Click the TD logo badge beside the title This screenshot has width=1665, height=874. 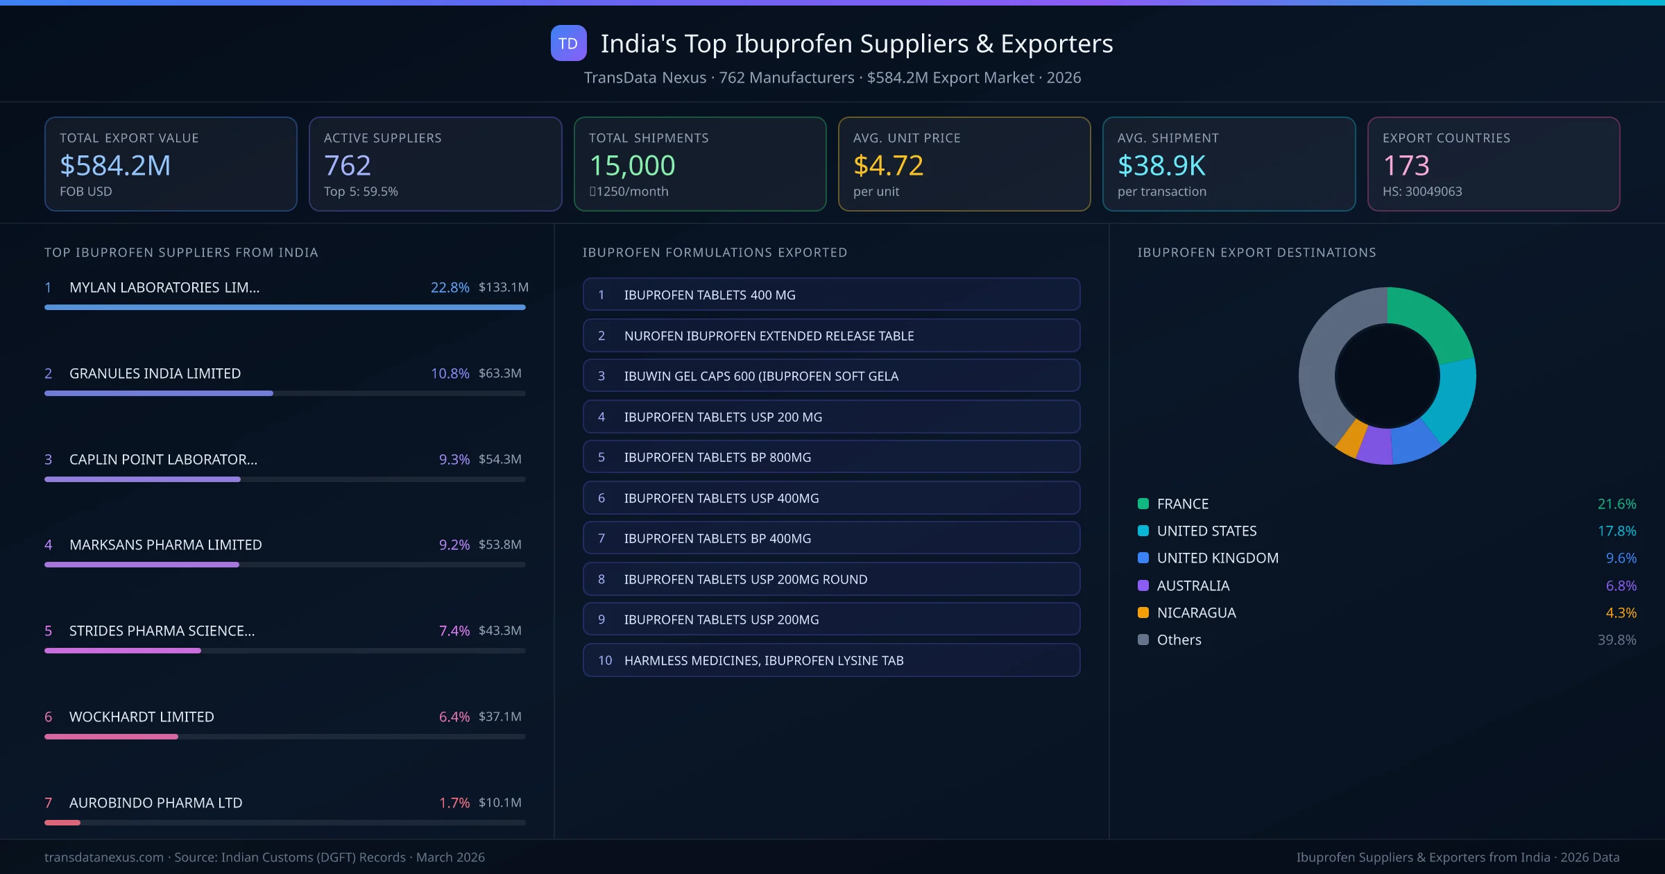point(568,43)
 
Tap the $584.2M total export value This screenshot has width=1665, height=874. point(115,165)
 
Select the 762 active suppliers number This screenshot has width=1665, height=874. point(347,165)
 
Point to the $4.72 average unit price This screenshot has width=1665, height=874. point(888,165)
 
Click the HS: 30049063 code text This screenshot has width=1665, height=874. point(1421,191)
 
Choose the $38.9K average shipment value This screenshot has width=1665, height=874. point(1161,165)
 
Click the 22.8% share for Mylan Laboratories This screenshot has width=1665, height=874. point(450,287)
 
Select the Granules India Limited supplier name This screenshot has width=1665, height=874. point(155,373)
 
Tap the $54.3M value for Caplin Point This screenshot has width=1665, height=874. point(499,459)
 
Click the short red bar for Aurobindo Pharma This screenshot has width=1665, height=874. point(62,823)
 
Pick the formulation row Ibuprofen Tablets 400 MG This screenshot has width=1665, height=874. point(831,295)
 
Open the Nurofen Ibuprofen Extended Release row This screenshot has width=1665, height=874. point(831,336)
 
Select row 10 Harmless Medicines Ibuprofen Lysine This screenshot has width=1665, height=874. point(831,660)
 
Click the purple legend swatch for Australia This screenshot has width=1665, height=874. point(1143,585)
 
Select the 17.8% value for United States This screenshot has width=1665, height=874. point(1616,531)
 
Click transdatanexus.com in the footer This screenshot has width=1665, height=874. point(104,857)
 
